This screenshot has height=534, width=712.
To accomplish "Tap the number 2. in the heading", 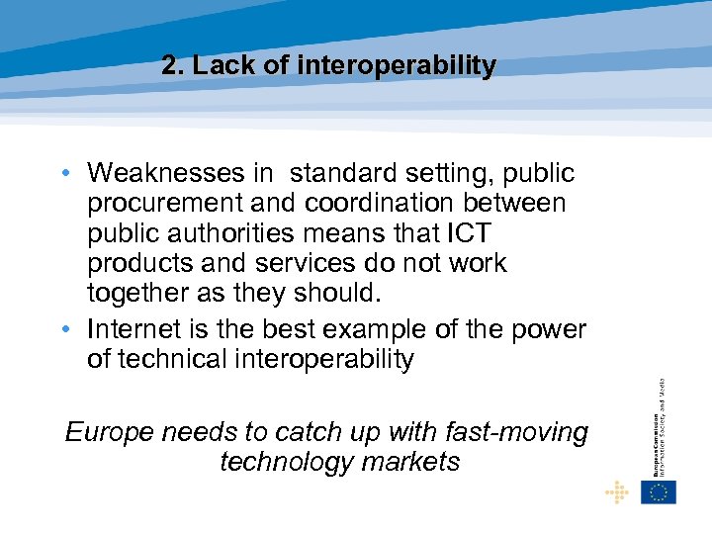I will click(173, 66).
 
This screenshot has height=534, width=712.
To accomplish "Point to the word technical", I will click(173, 358).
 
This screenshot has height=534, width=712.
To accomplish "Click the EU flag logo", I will click(658, 491).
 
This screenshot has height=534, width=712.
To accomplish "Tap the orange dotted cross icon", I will click(616, 491).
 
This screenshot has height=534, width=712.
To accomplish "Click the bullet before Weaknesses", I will click(62, 174).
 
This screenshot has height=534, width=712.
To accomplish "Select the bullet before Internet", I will click(62, 329).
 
